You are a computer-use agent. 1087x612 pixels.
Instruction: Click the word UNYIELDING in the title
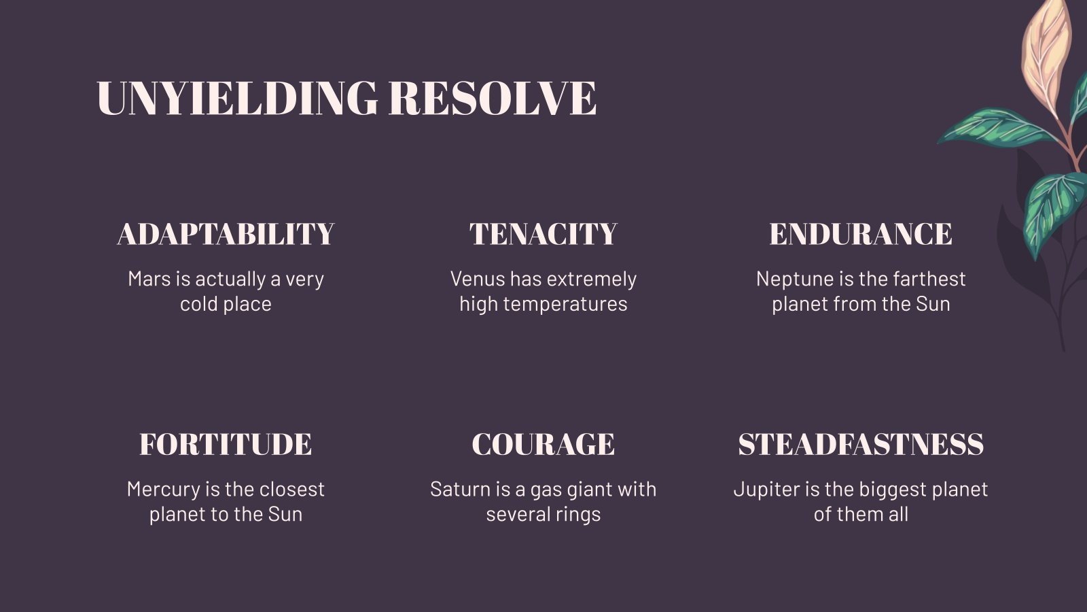[x=236, y=98]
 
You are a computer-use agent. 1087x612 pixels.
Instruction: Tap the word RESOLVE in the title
[x=493, y=98]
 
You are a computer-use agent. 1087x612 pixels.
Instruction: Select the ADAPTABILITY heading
[x=226, y=234]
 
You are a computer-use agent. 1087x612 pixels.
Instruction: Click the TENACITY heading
[x=543, y=234]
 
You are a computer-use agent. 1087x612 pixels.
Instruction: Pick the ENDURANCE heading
[x=861, y=234]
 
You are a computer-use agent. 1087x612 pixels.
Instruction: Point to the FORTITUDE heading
[x=226, y=444]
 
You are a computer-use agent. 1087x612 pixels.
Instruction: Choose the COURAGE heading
[x=543, y=444]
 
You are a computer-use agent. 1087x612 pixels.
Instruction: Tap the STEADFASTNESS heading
[x=861, y=444]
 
